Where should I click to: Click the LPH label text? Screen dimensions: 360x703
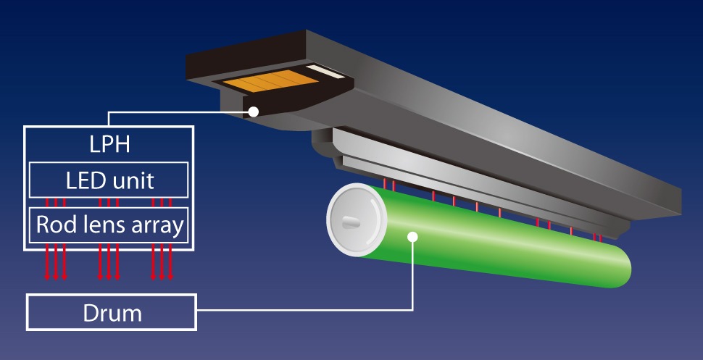click(x=109, y=143)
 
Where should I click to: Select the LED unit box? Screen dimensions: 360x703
click(x=108, y=180)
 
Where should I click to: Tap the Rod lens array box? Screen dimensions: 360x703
click(x=108, y=226)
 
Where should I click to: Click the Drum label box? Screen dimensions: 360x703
click(x=111, y=313)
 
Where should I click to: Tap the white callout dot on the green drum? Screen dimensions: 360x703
click(x=412, y=235)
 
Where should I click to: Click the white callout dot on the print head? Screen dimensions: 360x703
click(x=254, y=112)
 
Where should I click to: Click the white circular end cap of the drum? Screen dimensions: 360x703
click(x=352, y=222)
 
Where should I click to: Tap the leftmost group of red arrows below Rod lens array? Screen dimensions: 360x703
click(x=55, y=261)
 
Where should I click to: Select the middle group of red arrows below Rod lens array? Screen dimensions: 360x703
click(x=108, y=261)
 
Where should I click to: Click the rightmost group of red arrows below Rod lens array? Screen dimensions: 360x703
click(x=162, y=261)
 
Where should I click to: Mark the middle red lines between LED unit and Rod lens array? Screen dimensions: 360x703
click(x=108, y=202)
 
